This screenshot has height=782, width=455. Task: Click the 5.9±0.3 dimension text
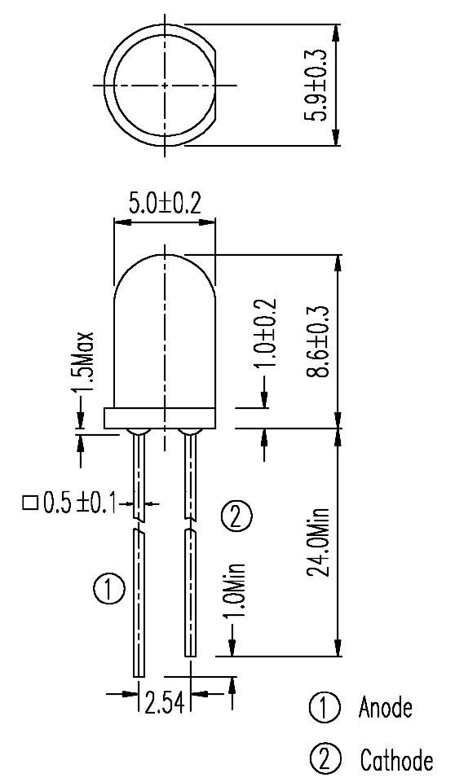316,86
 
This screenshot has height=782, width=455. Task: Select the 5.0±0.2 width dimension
165,204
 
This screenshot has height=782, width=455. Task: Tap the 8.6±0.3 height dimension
316,340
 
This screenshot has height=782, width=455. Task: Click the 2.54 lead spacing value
166,701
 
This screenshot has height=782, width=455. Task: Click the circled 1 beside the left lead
108,588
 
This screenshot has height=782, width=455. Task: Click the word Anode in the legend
386,708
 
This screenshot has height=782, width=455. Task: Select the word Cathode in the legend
396,761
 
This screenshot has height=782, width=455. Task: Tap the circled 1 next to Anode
323,708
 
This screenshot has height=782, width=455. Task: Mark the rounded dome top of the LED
165,269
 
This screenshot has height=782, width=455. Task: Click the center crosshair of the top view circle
165,85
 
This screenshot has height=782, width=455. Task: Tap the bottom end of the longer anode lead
139,671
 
